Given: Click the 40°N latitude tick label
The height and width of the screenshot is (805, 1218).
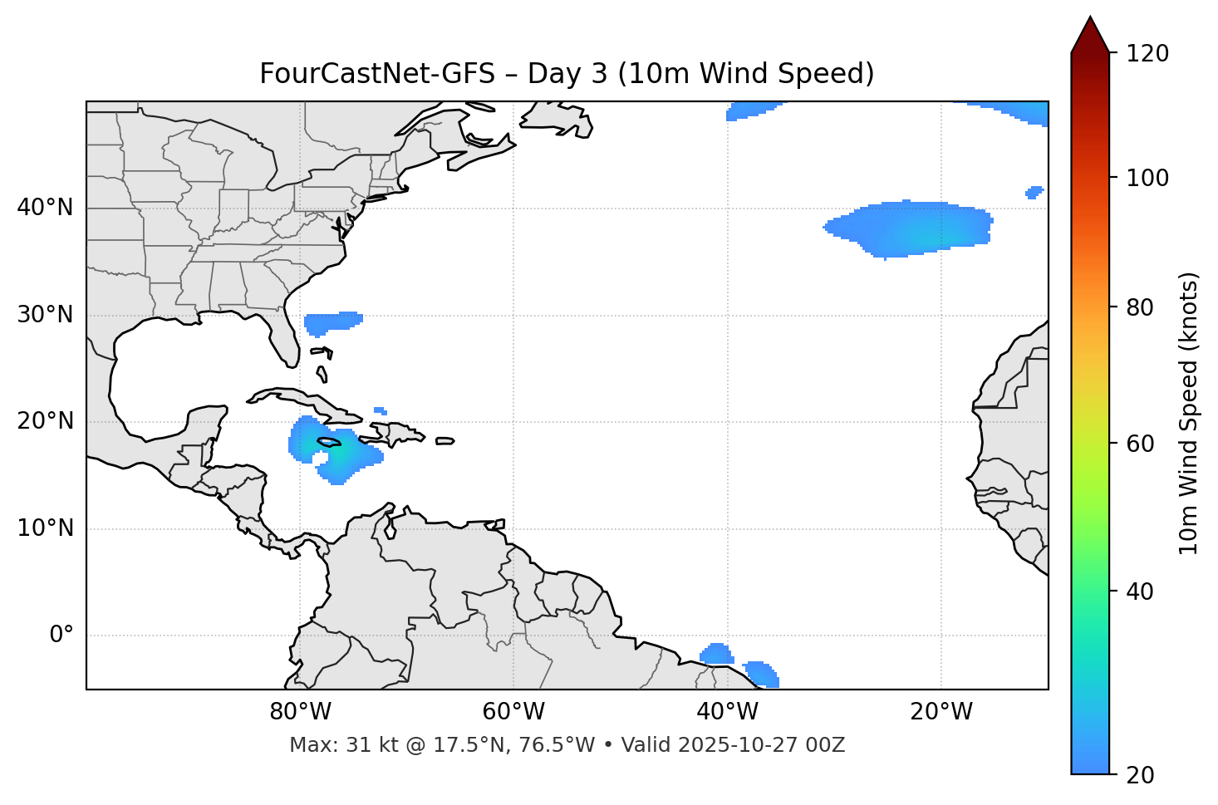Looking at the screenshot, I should click(x=45, y=208).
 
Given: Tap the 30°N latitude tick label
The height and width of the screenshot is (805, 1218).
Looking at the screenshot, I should click(x=45, y=315).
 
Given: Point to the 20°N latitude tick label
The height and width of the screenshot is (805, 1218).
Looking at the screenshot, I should click(x=45, y=421).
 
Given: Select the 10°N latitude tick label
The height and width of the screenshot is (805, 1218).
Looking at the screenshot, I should click(x=45, y=528).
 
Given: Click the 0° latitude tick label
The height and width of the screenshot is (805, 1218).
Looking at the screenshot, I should click(x=61, y=635).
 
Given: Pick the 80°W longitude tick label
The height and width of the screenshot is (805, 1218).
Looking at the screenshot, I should click(x=300, y=712).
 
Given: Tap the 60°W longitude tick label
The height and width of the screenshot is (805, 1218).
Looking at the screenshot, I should click(x=513, y=712).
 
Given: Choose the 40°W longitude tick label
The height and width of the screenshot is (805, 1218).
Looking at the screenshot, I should click(x=728, y=712).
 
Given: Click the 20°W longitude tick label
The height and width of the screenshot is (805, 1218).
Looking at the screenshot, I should click(x=941, y=712).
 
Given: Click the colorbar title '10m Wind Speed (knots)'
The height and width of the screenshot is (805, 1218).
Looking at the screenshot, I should click(x=1189, y=413).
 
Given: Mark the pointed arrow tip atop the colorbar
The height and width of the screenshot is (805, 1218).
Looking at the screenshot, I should click(x=1090, y=18).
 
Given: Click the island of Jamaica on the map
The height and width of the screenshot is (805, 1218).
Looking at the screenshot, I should click(x=329, y=442).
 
